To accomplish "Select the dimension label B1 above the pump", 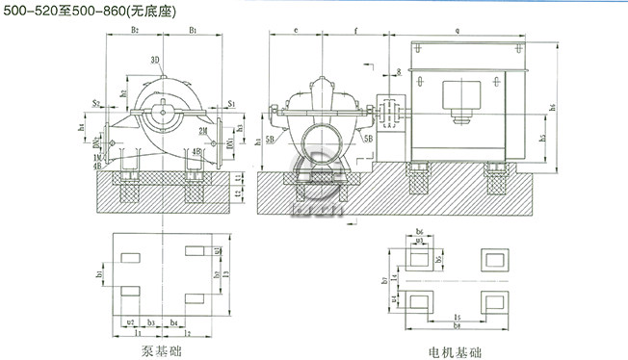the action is point(194,32).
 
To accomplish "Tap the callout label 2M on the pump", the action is point(202,130).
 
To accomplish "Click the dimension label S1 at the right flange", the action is point(231,99).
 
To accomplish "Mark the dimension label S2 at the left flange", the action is point(97,99).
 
